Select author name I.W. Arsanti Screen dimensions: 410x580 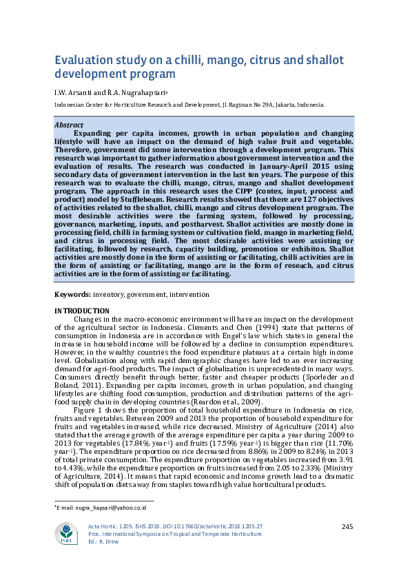74,92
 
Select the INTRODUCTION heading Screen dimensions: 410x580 81,311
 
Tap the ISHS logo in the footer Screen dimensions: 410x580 68,533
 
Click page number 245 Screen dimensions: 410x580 347,527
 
